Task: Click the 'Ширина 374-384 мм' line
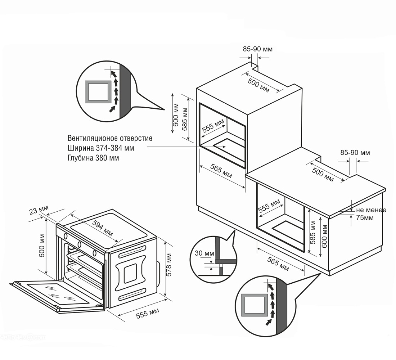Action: point(101,148)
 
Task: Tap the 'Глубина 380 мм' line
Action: point(93,158)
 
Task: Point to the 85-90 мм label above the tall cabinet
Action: point(257,49)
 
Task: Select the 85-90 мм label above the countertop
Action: point(355,153)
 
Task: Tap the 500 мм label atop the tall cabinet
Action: point(258,85)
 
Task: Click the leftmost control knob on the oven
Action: point(66,236)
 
